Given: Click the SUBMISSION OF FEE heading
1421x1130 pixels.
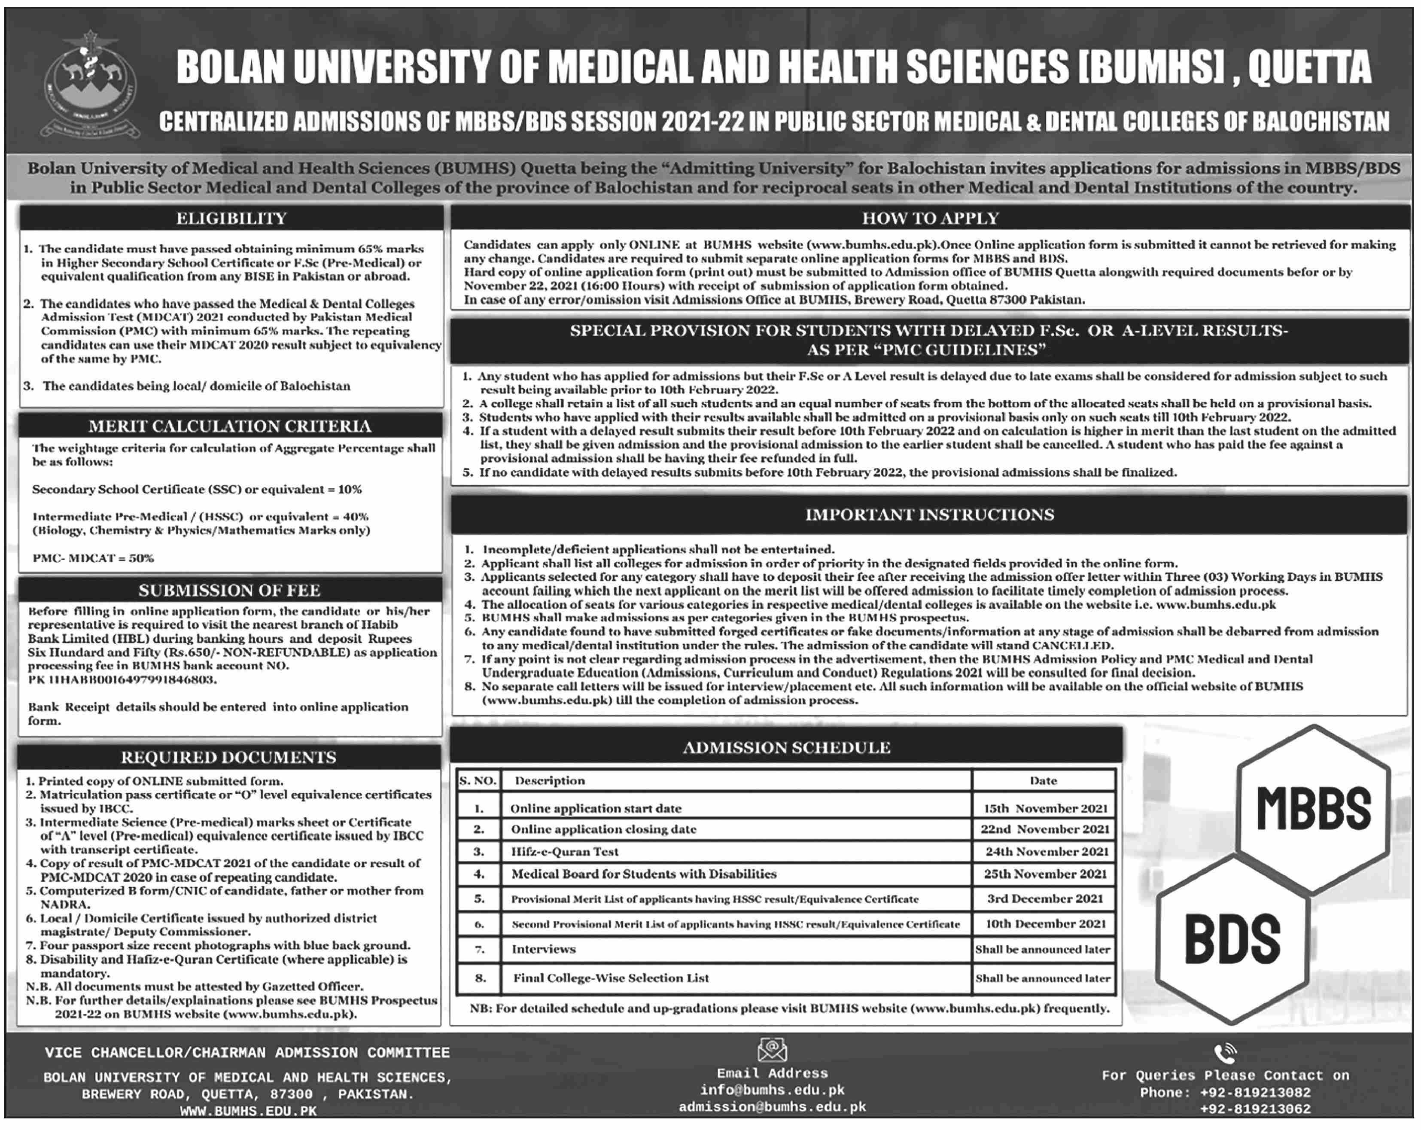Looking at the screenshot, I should point(229,590).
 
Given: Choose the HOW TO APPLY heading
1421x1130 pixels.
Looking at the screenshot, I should point(930,218).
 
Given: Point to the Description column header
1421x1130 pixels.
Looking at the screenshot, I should point(550,780).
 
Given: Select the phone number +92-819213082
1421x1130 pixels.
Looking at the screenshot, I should point(1255,1093).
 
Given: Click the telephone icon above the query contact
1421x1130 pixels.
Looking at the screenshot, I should point(1225,1053).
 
